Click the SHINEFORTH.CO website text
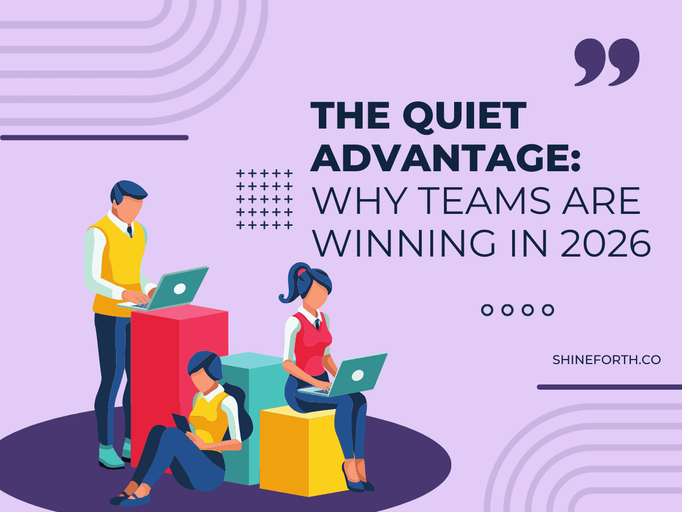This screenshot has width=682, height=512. click(x=606, y=360)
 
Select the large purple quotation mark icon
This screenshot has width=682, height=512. click(x=606, y=62)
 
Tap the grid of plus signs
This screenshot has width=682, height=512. click(x=264, y=199)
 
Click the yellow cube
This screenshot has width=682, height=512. click(x=301, y=449)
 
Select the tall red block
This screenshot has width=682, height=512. click(x=170, y=364)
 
